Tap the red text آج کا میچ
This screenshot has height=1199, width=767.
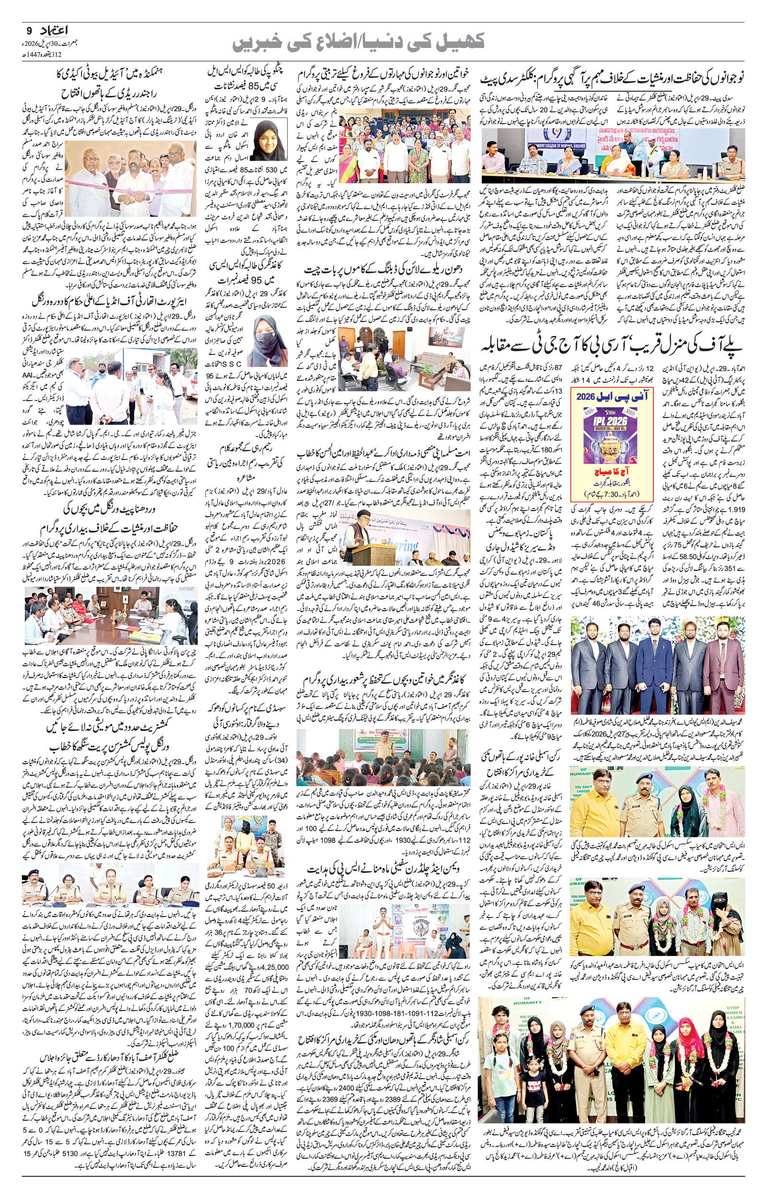[612, 471]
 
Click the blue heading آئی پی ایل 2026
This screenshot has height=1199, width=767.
[612, 396]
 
